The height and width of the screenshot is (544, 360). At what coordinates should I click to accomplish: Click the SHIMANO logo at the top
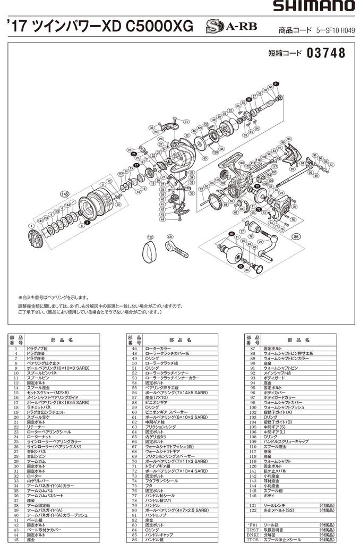[x=314, y=6]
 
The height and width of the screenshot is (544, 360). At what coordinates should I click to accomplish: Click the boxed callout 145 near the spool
[x=65, y=193]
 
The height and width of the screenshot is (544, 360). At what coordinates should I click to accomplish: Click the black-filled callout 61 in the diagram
[x=276, y=84]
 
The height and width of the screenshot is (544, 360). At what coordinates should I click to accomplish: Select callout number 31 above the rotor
[x=186, y=122]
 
